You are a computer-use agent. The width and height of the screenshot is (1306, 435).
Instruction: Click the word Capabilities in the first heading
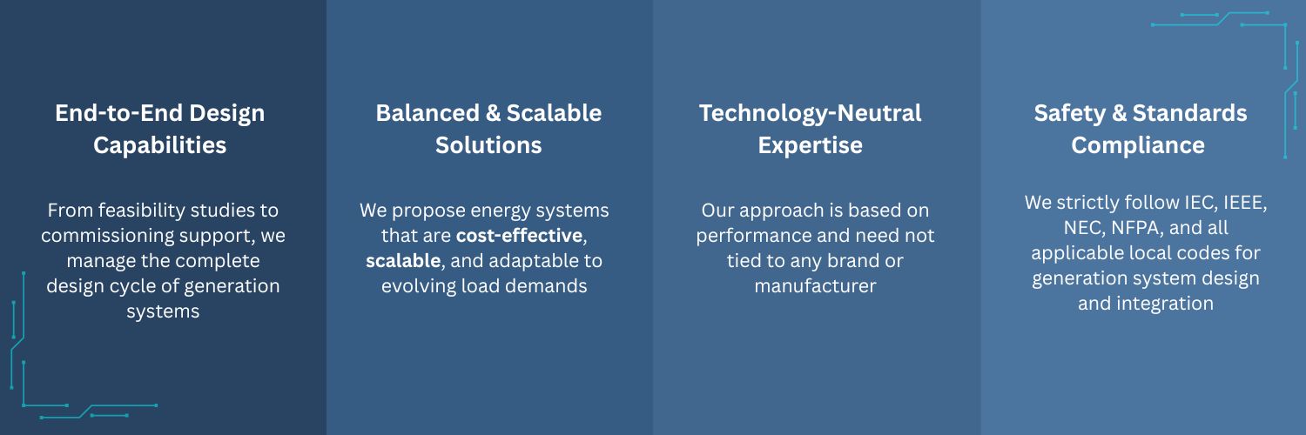pos(159,145)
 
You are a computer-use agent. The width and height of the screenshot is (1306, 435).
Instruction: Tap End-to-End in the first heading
pos(119,113)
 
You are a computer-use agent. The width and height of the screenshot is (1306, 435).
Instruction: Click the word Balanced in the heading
pos(427,113)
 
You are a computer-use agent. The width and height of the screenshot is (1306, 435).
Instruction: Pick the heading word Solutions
pos(488,145)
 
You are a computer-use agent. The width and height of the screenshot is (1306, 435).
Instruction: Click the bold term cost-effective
pos(520,235)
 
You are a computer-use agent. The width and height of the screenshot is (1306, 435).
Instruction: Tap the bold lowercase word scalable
pos(403,260)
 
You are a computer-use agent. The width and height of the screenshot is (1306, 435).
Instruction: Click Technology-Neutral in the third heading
pos(811,114)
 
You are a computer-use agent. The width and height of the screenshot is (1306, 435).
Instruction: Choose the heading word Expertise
pos(811,145)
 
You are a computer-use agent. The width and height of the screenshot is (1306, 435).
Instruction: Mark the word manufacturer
pos(815,286)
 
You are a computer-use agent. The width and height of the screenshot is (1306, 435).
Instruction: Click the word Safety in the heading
pos(1070,114)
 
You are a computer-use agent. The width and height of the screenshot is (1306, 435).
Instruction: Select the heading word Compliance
pos(1138,145)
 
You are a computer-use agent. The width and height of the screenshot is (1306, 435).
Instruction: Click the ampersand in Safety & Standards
pos(1119,113)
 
